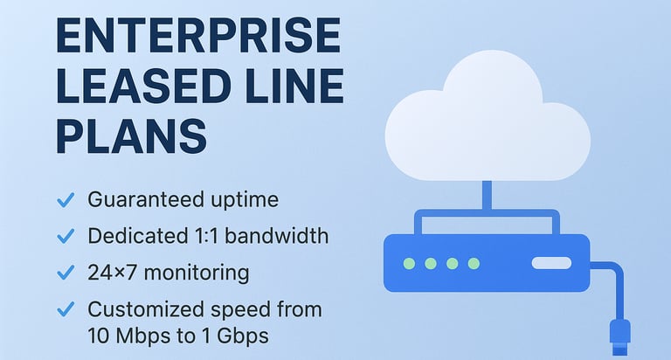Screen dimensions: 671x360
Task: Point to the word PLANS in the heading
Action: (131, 136)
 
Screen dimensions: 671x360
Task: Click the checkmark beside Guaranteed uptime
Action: (65, 201)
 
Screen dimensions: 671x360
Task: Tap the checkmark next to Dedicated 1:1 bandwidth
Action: (65, 237)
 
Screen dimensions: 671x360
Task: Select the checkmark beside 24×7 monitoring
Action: (65, 273)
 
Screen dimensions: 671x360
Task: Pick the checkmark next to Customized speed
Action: (65, 310)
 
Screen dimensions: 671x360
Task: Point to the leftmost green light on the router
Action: (409, 263)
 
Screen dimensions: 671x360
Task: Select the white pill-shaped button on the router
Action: (550, 263)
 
